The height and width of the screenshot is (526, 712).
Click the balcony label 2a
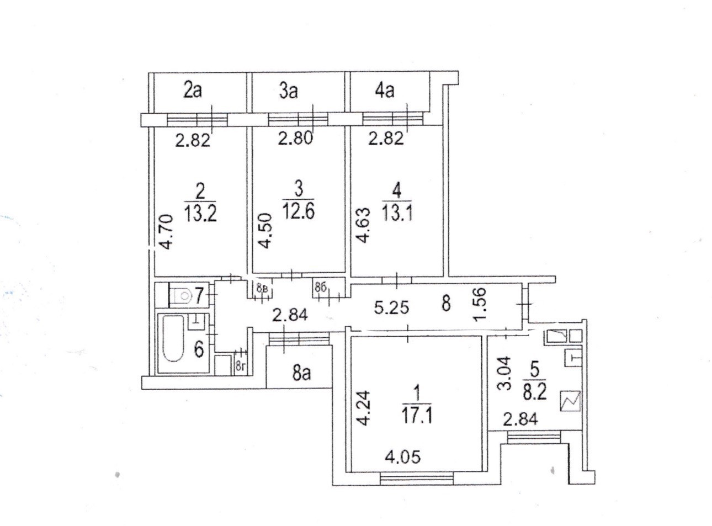click(193, 91)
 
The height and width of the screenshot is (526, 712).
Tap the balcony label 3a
click(288, 91)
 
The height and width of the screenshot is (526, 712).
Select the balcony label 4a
click(384, 91)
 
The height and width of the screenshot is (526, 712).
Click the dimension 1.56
click(481, 305)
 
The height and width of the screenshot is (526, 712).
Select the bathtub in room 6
click(173, 345)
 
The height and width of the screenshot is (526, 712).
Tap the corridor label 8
click(447, 303)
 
